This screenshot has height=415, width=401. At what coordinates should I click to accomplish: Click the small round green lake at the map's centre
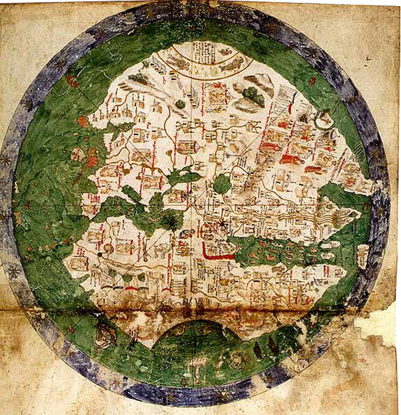221,184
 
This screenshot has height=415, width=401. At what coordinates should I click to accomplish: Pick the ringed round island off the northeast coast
324,120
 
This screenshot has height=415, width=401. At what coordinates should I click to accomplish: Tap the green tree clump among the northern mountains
253,95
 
